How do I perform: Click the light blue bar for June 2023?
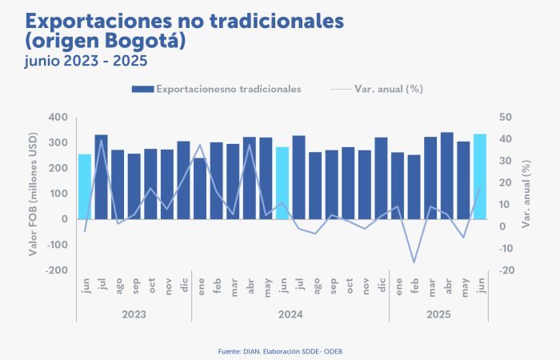click(x=85, y=186)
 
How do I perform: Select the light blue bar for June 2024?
click(x=282, y=183)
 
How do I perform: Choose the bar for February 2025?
click(x=414, y=187)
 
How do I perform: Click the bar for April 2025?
click(x=447, y=176)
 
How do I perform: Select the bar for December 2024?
click(x=382, y=178)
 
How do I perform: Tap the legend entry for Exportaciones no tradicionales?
click(x=228, y=89)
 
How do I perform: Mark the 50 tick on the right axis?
click(x=505, y=118)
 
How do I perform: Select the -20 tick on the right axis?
click(x=506, y=270)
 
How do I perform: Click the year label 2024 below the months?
click(x=290, y=314)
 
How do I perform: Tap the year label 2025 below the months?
click(x=439, y=314)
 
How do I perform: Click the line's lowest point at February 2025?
click(x=414, y=262)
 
